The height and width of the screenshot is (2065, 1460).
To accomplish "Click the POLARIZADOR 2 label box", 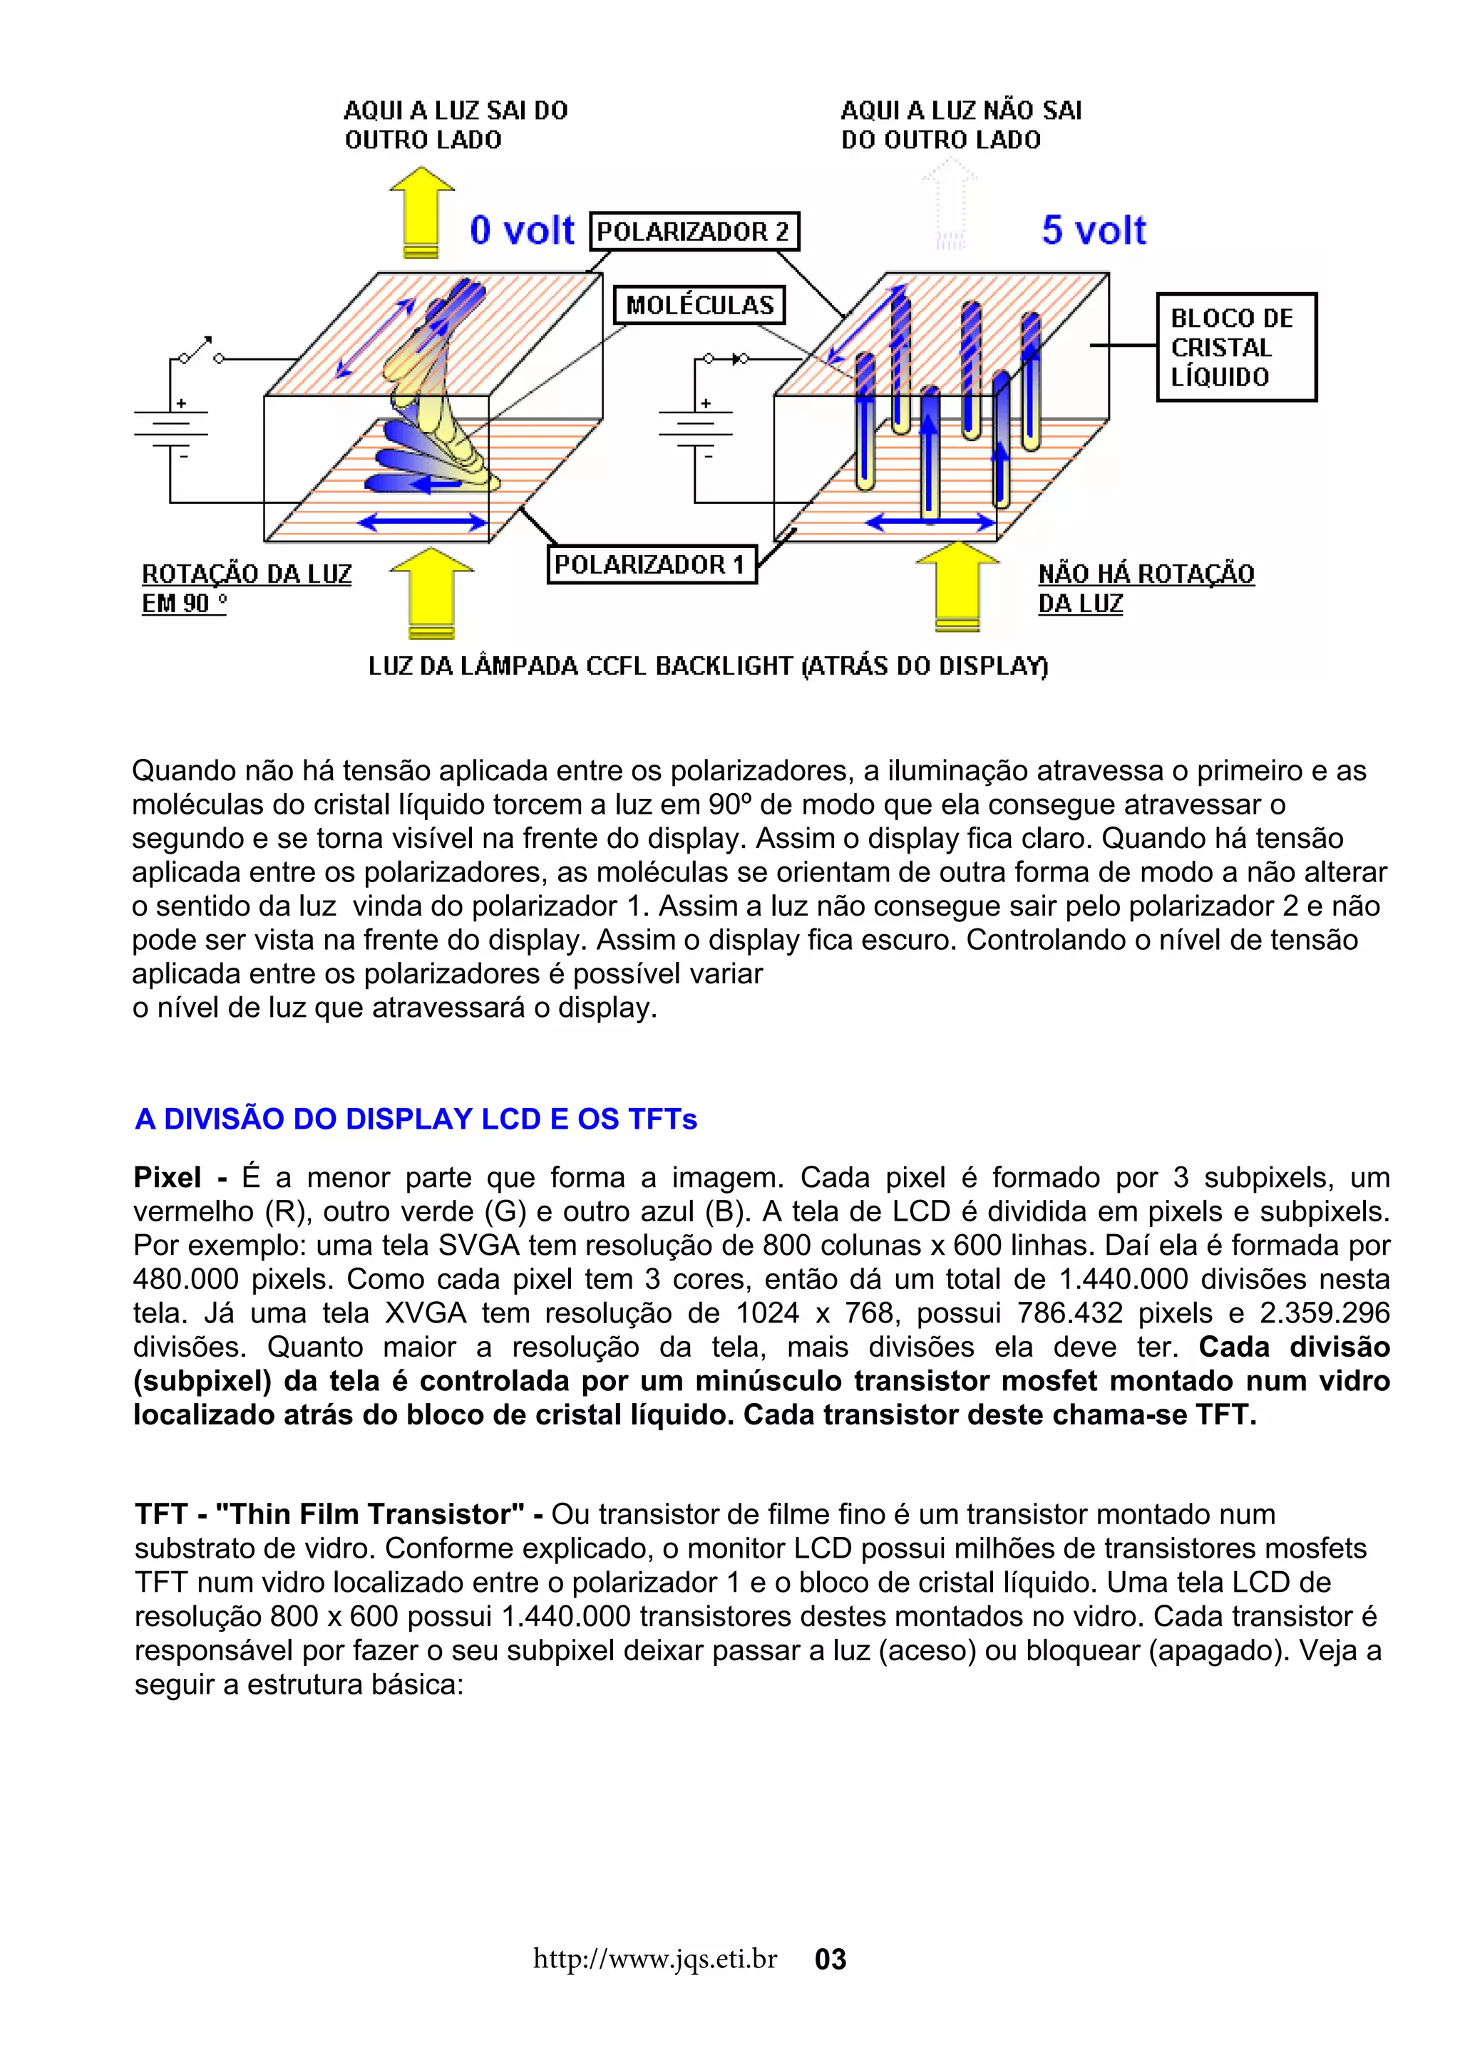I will click(693, 231).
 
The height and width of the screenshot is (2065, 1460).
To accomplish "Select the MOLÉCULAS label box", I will click(699, 304).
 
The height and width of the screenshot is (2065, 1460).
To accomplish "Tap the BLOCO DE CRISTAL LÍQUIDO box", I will click(1235, 346).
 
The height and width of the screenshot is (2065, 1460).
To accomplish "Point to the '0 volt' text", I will click(521, 230).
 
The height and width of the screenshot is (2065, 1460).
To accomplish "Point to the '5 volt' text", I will click(1093, 230).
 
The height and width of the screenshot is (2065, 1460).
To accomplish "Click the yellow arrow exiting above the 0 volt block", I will click(421, 212).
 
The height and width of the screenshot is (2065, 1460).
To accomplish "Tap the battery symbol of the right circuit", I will click(694, 430).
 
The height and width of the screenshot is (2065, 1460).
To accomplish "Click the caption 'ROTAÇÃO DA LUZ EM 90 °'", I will click(245, 587).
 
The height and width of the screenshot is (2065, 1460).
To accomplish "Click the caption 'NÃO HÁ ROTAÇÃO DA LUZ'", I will click(1144, 587).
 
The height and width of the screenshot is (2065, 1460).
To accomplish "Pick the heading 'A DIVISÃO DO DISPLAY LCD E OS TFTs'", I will click(416, 1119).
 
